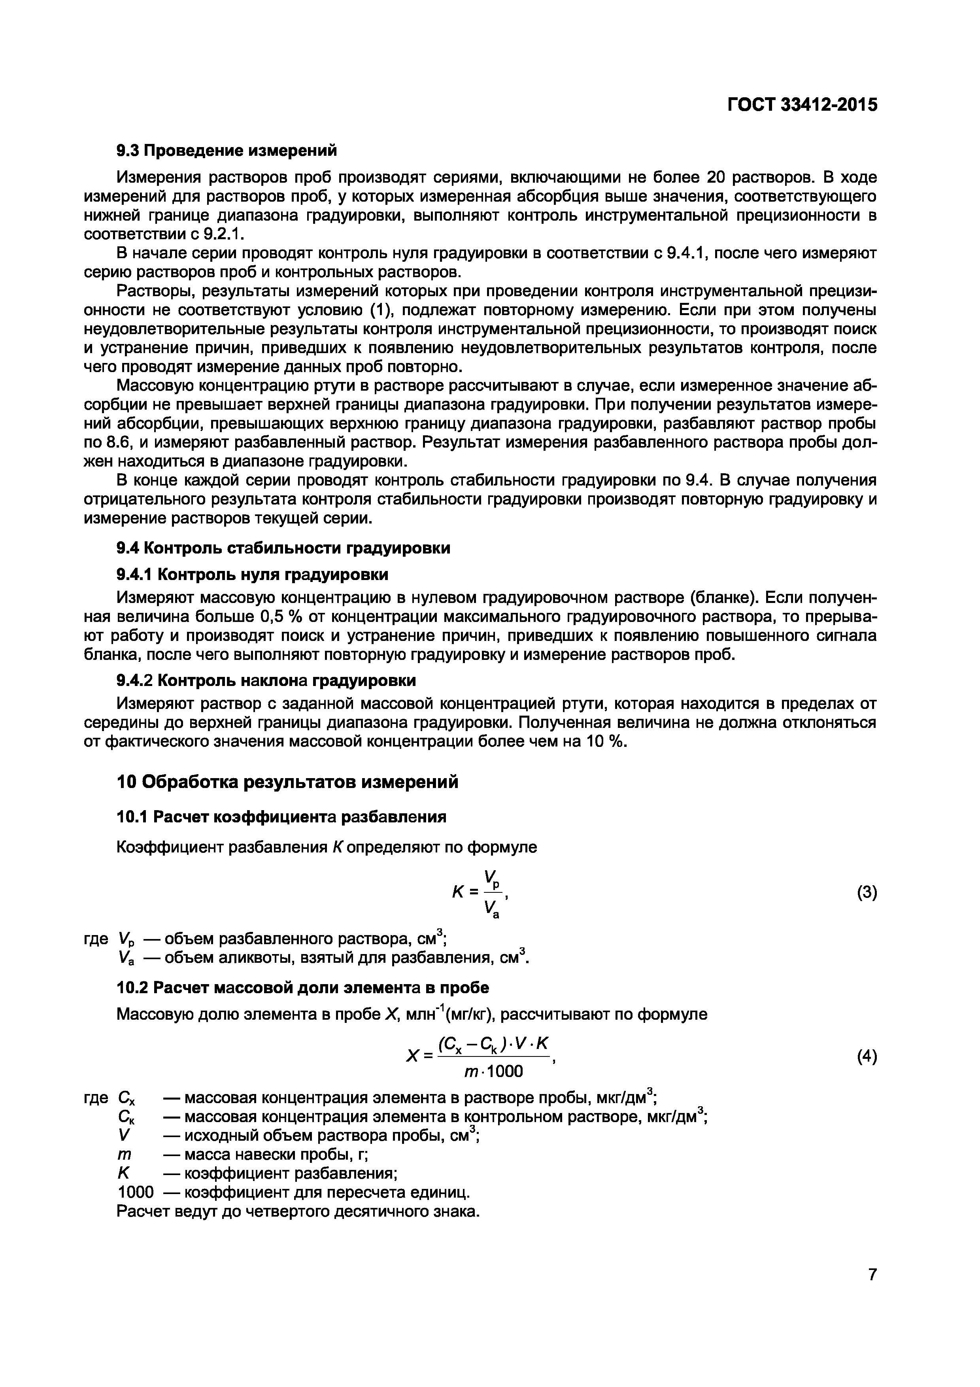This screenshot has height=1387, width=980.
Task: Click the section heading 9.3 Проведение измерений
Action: click(227, 150)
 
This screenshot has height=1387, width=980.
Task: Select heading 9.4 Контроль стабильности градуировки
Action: click(283, 548)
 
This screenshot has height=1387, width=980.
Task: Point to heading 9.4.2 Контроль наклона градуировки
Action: click(266, 680)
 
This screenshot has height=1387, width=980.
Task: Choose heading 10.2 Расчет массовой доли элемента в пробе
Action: click(302, 988)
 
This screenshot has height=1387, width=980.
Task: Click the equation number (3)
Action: click(867, 893)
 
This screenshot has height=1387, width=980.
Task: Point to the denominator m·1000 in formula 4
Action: click(493, 1071)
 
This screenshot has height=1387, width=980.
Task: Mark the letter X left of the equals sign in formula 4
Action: click(413, 1056)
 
